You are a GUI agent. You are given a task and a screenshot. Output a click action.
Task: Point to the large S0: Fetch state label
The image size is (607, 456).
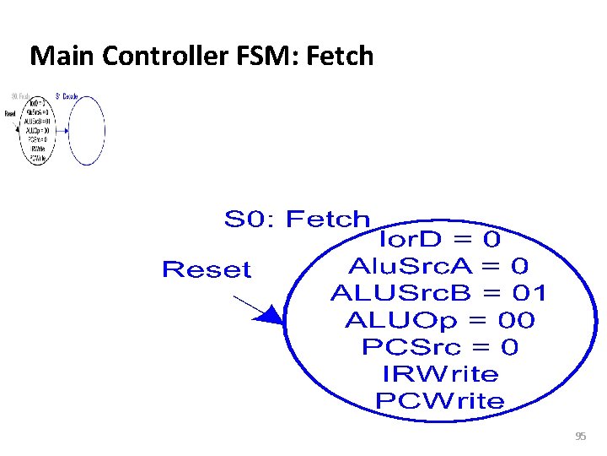(x=297, y=220)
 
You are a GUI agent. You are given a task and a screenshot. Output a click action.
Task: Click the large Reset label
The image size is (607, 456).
(x=207, y=270)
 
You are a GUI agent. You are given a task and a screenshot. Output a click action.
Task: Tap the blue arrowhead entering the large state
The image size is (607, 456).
(x=270, y=316)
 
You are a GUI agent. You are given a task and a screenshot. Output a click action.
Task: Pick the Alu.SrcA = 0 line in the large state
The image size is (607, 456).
(x=438, y=266)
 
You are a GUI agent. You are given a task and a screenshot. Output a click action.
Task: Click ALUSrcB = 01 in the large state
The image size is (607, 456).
(x=438, y=293)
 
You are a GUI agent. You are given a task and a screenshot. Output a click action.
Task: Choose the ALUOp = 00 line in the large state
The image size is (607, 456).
(x=439, y=320)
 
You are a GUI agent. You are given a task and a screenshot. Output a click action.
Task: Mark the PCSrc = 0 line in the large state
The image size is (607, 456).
(x=439, y=347)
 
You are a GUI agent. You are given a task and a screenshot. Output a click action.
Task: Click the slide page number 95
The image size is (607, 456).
(x=580, y=436)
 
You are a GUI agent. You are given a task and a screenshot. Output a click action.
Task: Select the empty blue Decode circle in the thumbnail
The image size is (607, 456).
(x=87, y=131)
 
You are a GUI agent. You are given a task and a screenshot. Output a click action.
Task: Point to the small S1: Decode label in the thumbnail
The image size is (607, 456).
(x=67, y=96)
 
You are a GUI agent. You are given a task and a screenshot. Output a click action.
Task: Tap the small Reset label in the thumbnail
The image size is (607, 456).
(x=10, y=113)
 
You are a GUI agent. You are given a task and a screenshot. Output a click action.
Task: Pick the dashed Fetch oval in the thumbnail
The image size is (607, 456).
(x=38, y=131)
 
